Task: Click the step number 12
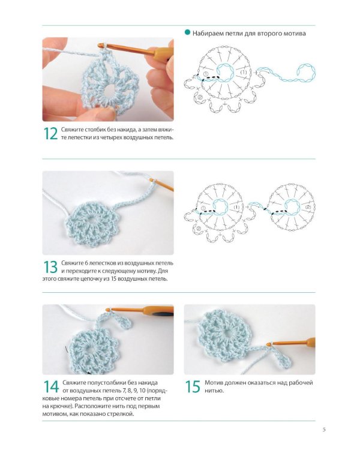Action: click(x=50, y=133)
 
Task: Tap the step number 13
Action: click(x=50, y=267)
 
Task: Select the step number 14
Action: click(x=51, y=386)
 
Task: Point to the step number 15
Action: click(x=193, y=386)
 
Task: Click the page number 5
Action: click(x=324, y=430)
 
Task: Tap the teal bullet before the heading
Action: click(x=187, y=32)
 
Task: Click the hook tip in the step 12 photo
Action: click(x=100, y=45)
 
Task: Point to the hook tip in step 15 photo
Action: click(x=268, y=344)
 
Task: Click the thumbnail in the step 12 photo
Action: click(x=105, y=114)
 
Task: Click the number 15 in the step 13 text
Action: click(x=113, y=278)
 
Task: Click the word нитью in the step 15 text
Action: click(x=214, y=391)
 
